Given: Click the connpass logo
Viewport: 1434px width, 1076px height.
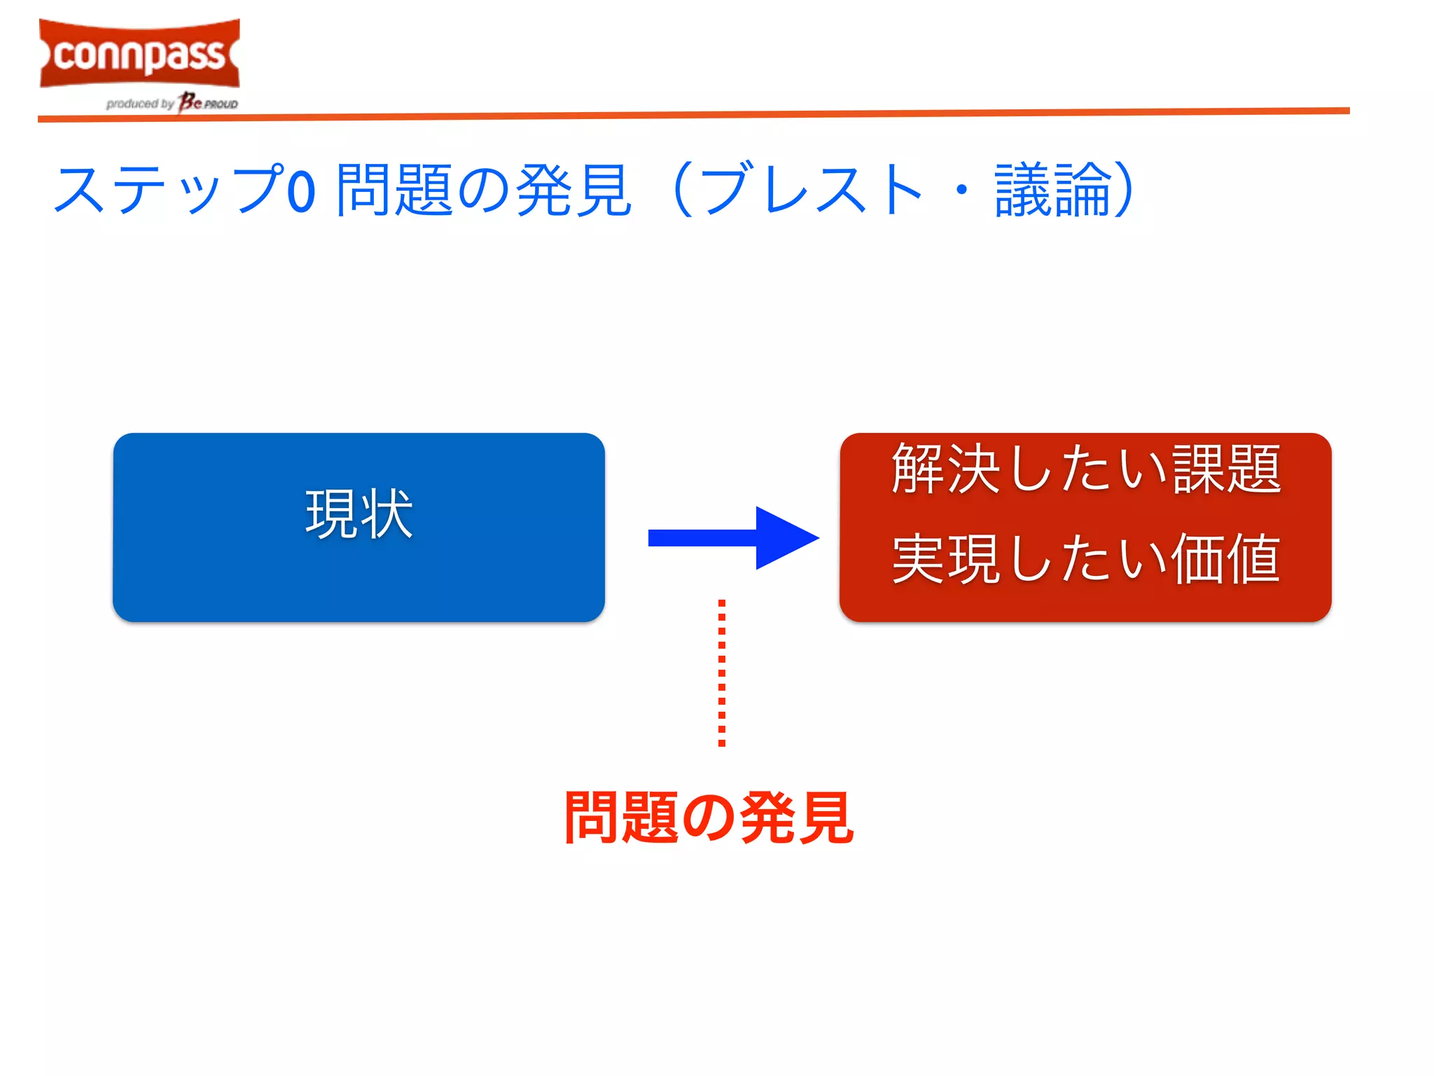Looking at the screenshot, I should tap(139, 54).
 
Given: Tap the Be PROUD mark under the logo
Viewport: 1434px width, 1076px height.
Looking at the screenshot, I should tap(208, 103).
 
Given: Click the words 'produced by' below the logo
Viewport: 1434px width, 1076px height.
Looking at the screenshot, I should tap(139, 104).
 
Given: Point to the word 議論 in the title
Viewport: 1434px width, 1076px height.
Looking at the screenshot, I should tap(1053, 190).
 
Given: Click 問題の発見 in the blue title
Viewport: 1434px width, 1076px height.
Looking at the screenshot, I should tap(483, 190).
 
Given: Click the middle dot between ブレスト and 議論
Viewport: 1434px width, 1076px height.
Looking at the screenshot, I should tap(962, 190).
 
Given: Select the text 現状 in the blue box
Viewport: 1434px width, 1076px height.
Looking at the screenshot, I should tap(358, 514).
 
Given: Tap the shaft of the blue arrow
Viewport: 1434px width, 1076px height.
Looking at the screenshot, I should tap(700, 538).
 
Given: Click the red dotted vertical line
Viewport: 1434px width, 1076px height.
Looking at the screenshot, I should tap(722, 672).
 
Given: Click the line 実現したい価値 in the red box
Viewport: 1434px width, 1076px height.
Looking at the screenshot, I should tap(1085, 558).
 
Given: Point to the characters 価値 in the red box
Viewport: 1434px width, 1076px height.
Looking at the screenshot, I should tap(1225, 558).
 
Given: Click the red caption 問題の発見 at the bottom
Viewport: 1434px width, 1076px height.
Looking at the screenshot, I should tap(709, 818).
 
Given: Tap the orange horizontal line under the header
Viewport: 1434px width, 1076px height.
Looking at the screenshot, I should tap(693, 115).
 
